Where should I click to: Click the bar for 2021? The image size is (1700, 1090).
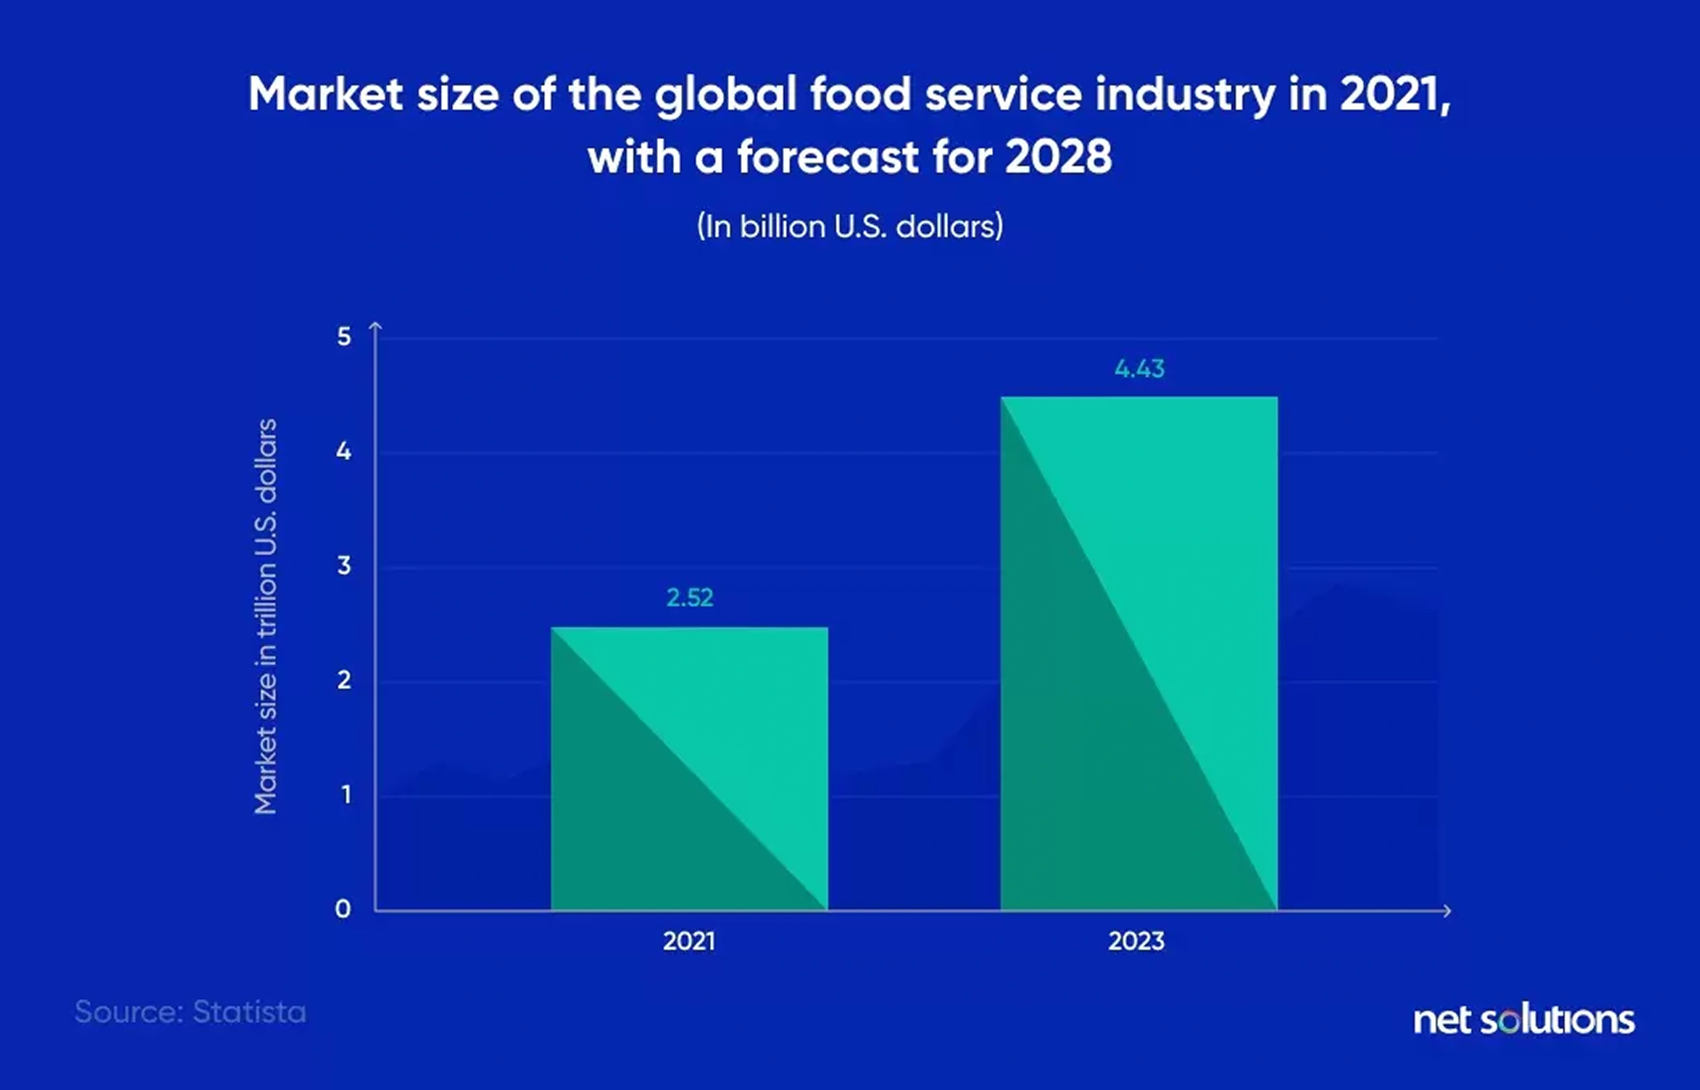pos(689,769)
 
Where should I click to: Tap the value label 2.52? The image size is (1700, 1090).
pos(690,598)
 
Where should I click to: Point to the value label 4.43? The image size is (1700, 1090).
pos(1139,369)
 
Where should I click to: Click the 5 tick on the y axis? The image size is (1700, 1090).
pos(344,337)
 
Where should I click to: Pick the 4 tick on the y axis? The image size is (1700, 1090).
pos(344,451)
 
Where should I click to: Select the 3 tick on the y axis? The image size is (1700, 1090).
pos(344,565)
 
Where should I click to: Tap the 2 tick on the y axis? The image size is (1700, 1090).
pos(344,680)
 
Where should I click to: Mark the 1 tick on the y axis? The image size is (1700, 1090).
pos(346,795)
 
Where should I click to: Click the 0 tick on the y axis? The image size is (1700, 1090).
pos(343,909)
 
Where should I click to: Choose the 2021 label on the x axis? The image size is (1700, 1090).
pos(689,942)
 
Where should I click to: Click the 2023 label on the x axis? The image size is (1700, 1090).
pos(1136,942)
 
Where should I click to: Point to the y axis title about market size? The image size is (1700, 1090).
pos(266,615)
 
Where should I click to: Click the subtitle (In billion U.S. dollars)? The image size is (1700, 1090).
pos(850,226)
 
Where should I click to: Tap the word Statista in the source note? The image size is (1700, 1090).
pos(249,1012)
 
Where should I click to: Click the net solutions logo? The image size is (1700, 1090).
pos(1524,1020)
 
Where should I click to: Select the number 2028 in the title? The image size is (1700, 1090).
pos(1058,157)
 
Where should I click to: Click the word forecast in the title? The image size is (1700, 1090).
pos(828,157)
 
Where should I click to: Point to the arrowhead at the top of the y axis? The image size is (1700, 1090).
pos(375,325)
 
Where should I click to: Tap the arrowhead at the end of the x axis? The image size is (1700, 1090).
pos(1447,911)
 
